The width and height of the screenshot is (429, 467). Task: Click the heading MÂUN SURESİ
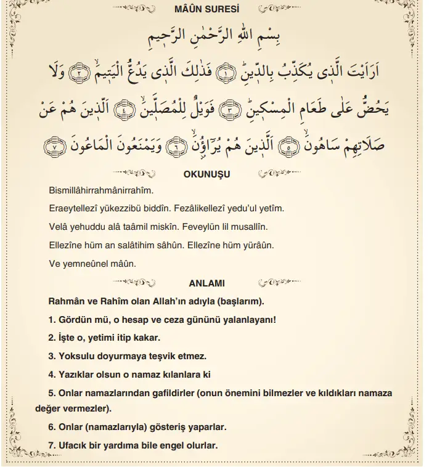(x=215, y=10)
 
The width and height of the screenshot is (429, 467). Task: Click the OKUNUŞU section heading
(x=207, y=174)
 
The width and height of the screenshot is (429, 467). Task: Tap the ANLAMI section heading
(x=206, y=283)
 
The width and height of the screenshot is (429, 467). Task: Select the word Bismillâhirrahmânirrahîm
(x=101, y=191)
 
